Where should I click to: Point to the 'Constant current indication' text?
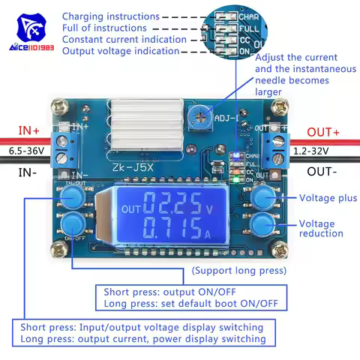(x=124, y=39)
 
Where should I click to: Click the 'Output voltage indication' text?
(x=120, y=51)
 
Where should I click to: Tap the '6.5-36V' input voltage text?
(x=26, y=151)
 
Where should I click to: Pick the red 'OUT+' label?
(x=324, y=133)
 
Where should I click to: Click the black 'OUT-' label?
(x=323, y=171)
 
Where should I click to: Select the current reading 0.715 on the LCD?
(x=173, y=229)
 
